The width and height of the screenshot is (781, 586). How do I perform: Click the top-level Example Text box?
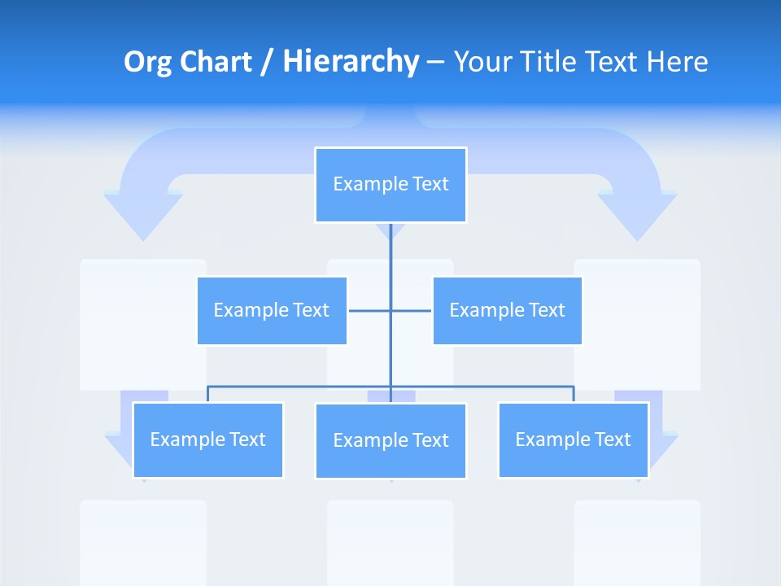click(x=390, y=185)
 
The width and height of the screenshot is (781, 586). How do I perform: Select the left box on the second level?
click(x=272, y=310)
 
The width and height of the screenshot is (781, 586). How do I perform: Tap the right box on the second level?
click(x=507, y=310)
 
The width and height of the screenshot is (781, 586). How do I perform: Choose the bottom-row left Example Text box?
click(x=207, y=439)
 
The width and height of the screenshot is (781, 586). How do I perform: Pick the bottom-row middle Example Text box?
click(x=390, y=440)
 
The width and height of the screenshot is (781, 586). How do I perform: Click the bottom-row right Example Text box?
click(x=573, y=439)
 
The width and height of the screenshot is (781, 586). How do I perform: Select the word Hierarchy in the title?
click(x=351, y=62)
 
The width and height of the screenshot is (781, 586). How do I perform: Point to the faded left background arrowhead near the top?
click(x=143, y=216)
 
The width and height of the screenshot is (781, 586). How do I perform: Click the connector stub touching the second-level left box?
click(x=369, y=310)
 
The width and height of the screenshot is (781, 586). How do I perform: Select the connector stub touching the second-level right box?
click(x=412, y=310)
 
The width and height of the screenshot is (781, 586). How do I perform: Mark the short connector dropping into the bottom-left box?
click(x=207, y=394)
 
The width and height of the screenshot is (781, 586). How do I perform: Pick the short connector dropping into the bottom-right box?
click(x=574, y=394)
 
